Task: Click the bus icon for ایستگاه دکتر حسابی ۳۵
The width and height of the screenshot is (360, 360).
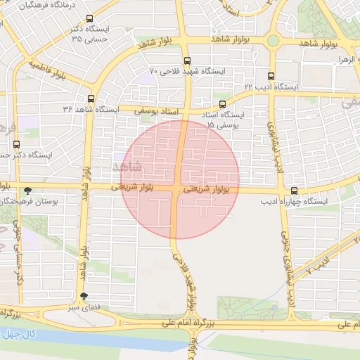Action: (89, 19)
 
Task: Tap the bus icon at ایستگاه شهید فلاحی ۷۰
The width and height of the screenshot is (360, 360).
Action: (186, 61)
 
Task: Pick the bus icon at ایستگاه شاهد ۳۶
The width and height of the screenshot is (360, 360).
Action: (91, 99)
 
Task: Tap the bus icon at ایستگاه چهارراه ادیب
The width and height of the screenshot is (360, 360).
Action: (294, 191)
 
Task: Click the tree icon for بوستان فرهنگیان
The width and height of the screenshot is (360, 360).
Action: (27, 191)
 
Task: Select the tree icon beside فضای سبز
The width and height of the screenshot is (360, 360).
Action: (84, 296)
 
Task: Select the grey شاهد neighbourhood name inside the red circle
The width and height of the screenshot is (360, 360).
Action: (127, 166)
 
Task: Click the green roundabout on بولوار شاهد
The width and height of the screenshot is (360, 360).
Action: (273, 41)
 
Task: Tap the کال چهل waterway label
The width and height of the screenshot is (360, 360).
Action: (18, 333)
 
